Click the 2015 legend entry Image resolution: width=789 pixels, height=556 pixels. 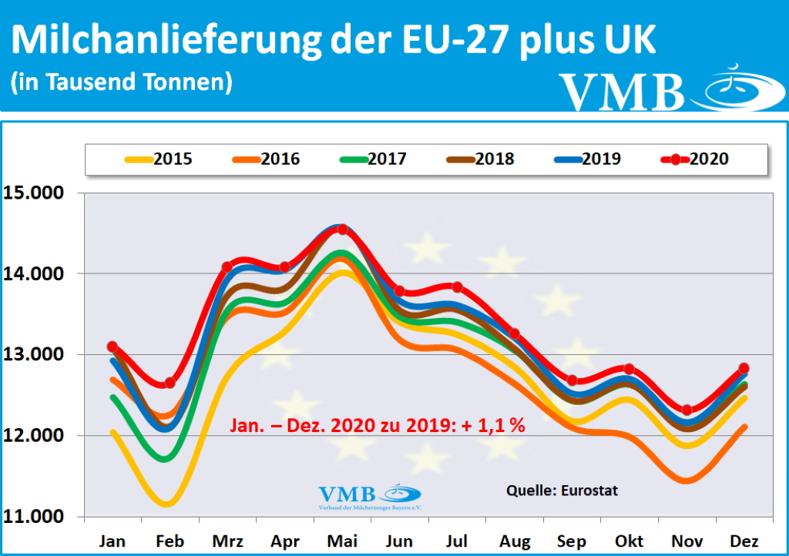(x=158, y=159)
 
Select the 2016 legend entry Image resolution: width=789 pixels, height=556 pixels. (x=265, y=159)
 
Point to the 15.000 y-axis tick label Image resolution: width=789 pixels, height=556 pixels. (x=35, y=193)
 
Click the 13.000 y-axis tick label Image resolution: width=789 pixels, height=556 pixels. (x=35, y=355)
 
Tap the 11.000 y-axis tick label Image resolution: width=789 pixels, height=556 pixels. (x=35, y=517)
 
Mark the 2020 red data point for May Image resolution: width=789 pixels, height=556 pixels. (x=343, y=229)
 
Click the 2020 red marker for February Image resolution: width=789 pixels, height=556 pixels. (x=170, y=383)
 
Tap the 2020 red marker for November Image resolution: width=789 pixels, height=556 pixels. (x=687, y=410)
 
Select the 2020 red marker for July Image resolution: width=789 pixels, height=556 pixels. (x=457, y=287)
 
